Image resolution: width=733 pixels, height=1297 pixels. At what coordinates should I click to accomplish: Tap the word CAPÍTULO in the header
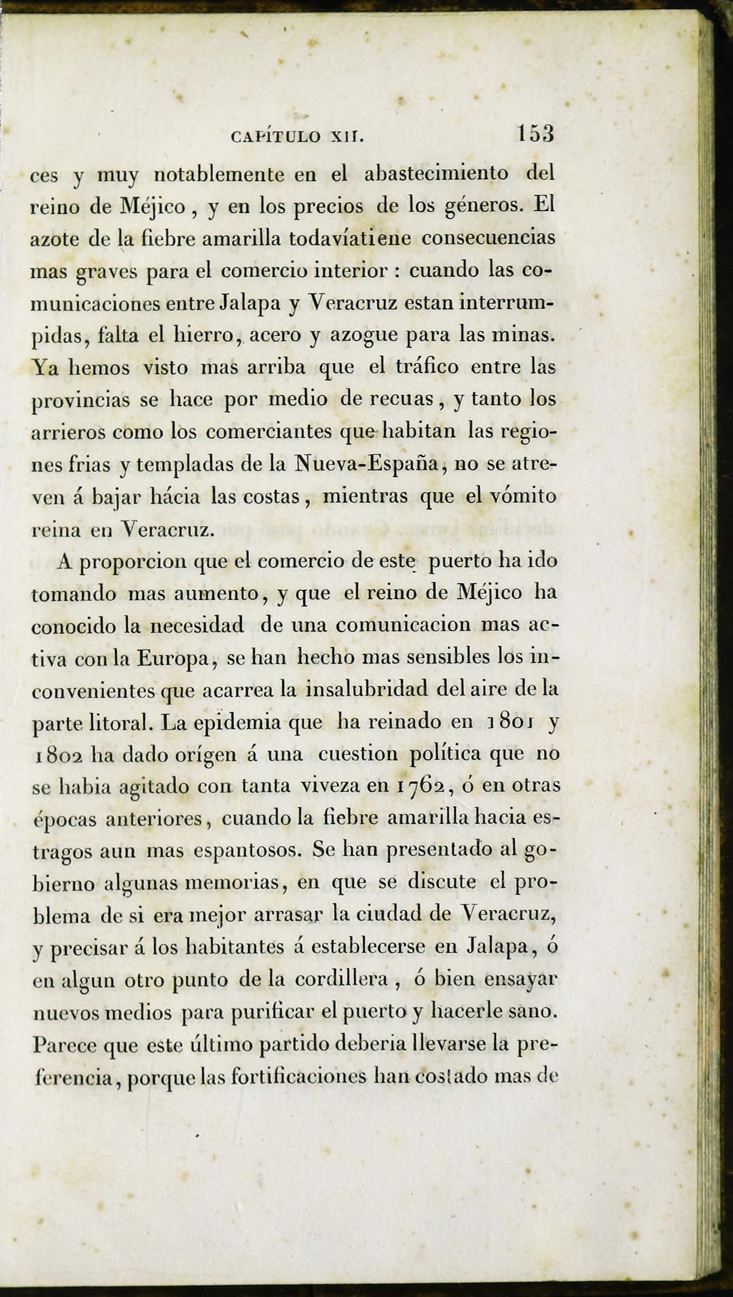click(x=275, y=137)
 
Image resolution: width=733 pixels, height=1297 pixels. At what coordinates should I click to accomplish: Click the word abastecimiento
click(x=436, y=174)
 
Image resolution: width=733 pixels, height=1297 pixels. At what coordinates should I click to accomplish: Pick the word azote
click(x=55, y=239)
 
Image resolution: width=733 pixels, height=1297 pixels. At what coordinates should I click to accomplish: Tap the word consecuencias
click(x=488, y=238)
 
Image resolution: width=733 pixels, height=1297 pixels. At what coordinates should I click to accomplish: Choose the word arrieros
click(x=68, y=432)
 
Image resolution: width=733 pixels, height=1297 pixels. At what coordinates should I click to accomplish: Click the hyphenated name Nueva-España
click(x=365, y=464)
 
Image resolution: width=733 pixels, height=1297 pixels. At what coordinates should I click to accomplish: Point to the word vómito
click(x=523, y=497)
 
